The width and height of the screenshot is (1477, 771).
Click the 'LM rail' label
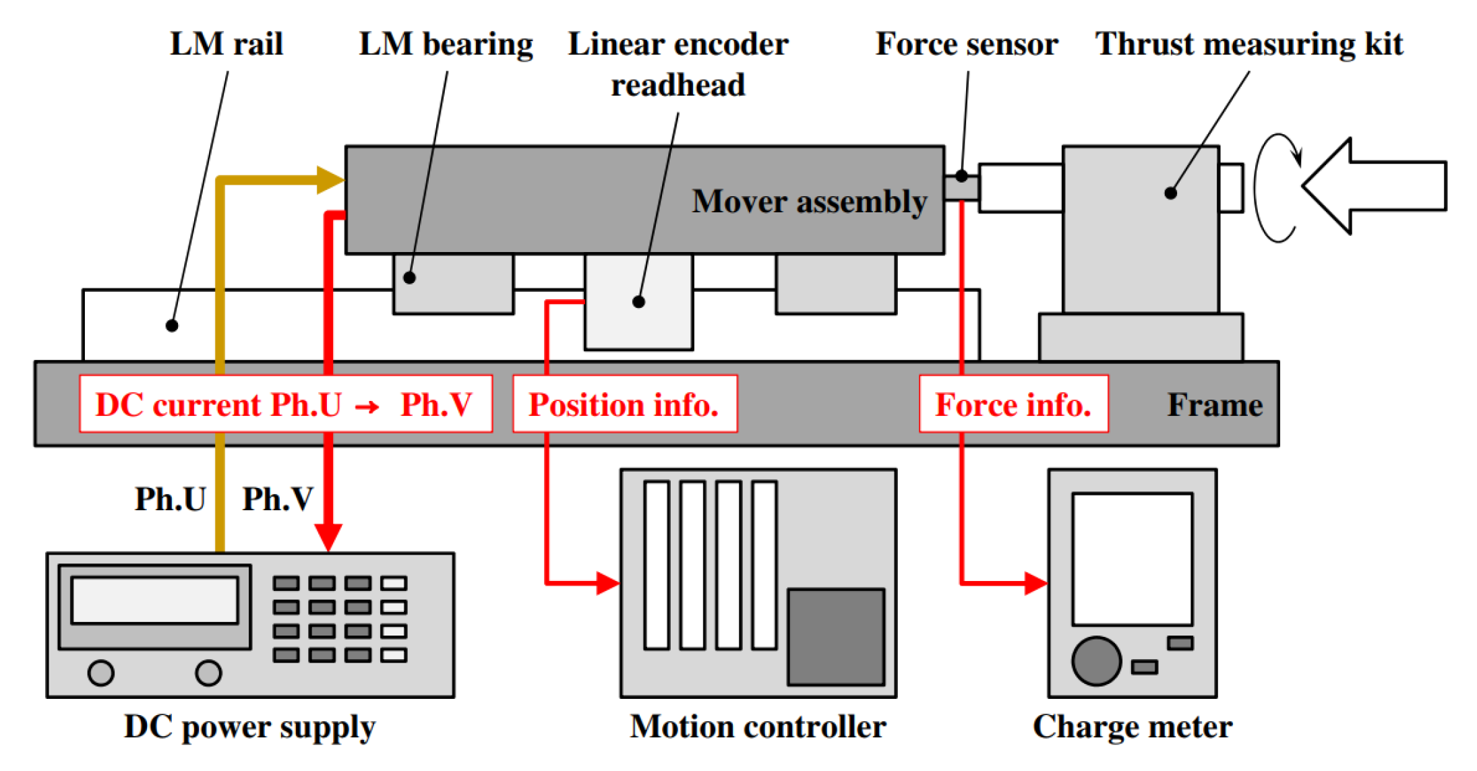(x=227, y=44)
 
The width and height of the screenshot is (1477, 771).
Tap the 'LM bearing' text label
(x=446, y=44)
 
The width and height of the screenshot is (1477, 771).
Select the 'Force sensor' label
(x=967, y=44)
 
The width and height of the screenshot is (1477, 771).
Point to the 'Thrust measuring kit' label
(x=1249, y=44)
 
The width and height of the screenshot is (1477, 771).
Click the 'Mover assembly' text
(x=810, y=202)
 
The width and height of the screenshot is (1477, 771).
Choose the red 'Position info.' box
(x=625, y=404)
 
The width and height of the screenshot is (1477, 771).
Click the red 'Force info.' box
(x=1014, y=404)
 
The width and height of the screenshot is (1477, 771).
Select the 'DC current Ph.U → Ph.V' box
(x=286, y=404)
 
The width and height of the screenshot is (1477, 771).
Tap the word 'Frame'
(x=1215, y=405)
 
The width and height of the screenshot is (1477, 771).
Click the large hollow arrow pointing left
(x=1374, y=186)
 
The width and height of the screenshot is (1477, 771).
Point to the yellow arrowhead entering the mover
(x=330, y=180)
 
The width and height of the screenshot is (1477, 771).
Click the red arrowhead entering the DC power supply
(x=328, y=538)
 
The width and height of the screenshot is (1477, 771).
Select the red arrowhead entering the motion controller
(x=607, y=583)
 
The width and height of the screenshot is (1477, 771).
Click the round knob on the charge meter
(x=1096, y=661)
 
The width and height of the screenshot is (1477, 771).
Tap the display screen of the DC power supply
(x=154, y=600)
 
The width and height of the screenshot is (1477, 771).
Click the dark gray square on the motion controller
(x=836, y=637)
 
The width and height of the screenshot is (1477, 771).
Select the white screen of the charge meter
(x=1133, y=559)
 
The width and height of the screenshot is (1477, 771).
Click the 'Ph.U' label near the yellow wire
(x=170, y=499)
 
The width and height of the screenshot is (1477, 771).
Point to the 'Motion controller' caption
(x=758, y=727)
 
